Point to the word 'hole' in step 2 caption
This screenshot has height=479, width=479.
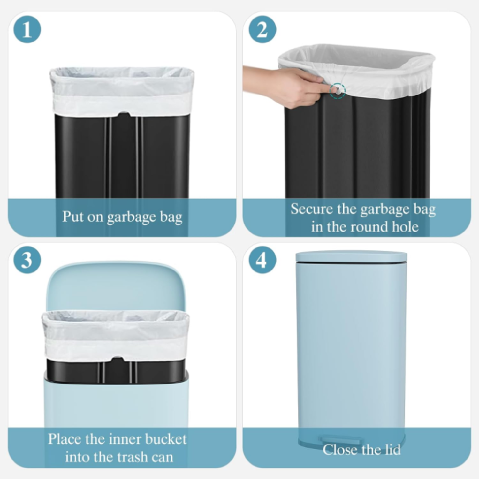pyautogui.click(x=405, y=227)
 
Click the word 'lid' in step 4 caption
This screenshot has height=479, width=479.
pyautogui.click(x=392, y=450)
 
